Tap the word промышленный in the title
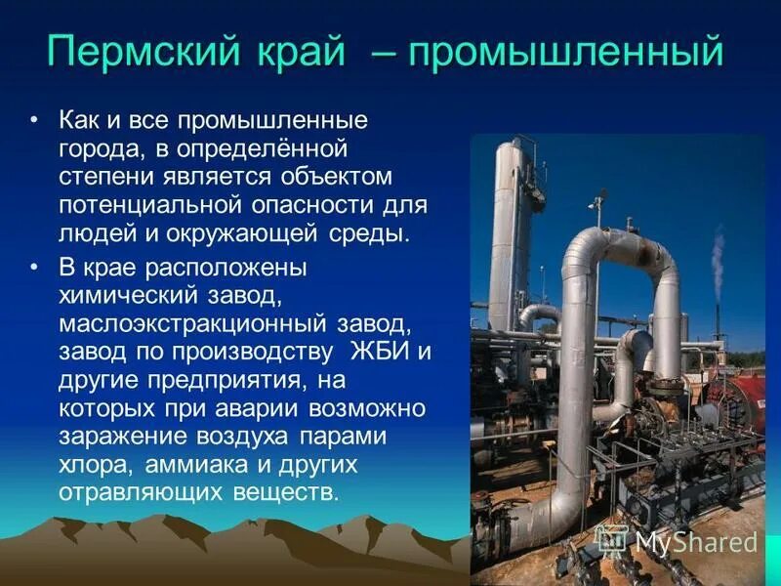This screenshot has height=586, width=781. pos(565,51)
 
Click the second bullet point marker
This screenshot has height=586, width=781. pos(36,266)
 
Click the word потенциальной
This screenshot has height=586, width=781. pos(146,206)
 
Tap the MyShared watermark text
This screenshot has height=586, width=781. pos(695,543)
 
